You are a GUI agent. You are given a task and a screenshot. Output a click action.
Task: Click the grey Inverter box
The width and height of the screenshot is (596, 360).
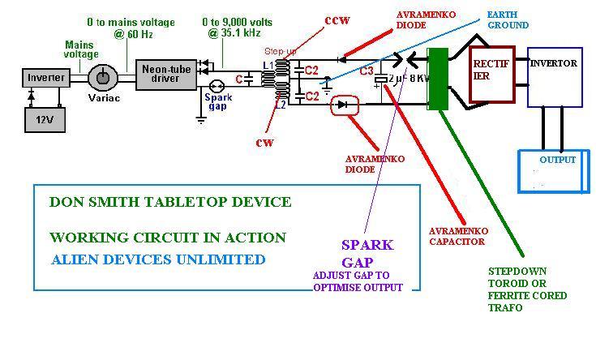[x=46, y=78]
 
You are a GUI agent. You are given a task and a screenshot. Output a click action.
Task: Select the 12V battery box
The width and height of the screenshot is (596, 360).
[x=45, y=120]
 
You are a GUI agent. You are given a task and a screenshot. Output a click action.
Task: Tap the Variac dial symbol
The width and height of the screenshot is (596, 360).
[x=103, y=77]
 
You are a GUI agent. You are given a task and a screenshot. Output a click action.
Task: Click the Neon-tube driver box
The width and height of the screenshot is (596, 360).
[x=166, y=75]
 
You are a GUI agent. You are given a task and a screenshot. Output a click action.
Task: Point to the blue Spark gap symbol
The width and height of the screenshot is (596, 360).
[x=217, y=86]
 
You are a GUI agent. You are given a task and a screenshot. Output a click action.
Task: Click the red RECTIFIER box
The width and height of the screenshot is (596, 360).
[x=492, y=75]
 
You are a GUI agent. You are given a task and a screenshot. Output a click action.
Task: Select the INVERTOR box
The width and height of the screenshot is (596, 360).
[x=555, y=77]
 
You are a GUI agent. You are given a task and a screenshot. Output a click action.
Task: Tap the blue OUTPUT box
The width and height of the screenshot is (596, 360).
[x=554, y=171]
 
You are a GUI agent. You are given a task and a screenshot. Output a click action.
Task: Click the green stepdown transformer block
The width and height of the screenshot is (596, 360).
[x=438, y=79]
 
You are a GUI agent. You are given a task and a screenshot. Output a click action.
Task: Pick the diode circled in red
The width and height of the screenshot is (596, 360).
[x=345, y=105]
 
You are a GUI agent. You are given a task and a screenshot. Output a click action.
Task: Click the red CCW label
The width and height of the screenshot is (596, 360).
[x=337, y=20]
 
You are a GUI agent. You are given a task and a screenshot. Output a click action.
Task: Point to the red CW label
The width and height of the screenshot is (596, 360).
[x=264, y=143]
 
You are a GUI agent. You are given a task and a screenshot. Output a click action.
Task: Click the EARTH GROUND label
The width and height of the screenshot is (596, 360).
[x=508, y=19]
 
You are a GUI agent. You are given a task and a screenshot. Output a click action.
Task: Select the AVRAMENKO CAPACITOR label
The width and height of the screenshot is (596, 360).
[x=458, y=236]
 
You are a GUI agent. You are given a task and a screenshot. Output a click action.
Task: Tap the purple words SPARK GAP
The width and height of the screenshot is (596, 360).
[x=367, y=254]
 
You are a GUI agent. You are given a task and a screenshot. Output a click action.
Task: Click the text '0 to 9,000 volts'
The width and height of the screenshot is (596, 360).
[x=237, y=22]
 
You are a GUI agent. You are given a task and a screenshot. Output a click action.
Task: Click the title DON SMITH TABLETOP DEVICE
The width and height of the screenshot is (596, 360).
[x=170, y=202]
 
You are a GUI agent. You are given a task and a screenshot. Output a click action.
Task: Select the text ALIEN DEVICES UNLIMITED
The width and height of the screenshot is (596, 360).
[x=158, y=259]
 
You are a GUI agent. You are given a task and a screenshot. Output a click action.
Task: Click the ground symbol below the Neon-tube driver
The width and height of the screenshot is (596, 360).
[x=201, y=121]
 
